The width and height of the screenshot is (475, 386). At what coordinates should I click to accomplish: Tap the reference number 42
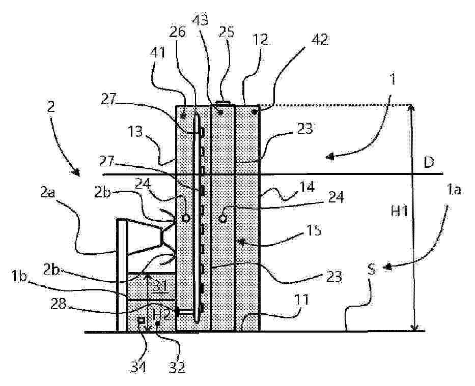319,39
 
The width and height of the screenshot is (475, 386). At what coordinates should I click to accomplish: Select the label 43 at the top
201,20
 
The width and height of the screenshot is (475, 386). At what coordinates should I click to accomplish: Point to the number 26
178,32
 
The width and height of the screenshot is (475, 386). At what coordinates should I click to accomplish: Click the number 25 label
226,31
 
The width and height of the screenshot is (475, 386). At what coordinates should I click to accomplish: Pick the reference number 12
260,39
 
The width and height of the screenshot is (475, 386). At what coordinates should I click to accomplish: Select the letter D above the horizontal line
429,163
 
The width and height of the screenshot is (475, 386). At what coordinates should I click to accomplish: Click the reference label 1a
454,190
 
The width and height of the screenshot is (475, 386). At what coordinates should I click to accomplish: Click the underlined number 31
160,286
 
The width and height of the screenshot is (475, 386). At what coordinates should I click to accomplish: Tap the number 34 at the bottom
138,367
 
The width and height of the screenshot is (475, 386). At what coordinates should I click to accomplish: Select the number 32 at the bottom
177,368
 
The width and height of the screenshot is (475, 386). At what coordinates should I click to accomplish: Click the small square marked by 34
141,320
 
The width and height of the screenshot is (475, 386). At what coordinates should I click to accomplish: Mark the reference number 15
314,230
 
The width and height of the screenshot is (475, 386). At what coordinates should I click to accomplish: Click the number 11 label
302,300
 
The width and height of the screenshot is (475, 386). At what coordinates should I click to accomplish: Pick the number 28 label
59,304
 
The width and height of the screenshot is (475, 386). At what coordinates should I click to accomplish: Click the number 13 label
135,131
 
